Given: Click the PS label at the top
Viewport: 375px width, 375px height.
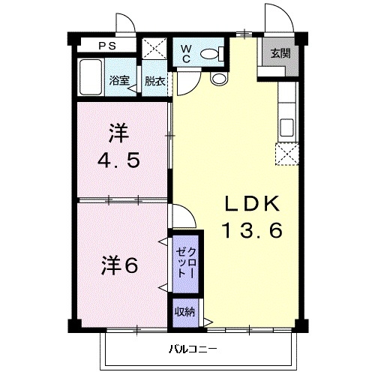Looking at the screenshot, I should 105,46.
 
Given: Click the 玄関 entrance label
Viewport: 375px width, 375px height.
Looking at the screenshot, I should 280,53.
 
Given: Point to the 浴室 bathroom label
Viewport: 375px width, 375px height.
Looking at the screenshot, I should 118,80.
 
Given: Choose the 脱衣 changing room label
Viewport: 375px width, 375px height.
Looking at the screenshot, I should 155,80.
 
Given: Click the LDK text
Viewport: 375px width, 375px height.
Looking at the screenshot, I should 250,204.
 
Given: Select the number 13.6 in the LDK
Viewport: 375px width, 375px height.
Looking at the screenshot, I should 250,230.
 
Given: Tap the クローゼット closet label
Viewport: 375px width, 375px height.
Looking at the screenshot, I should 187,262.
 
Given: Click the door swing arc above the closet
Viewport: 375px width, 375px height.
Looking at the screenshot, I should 186,217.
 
